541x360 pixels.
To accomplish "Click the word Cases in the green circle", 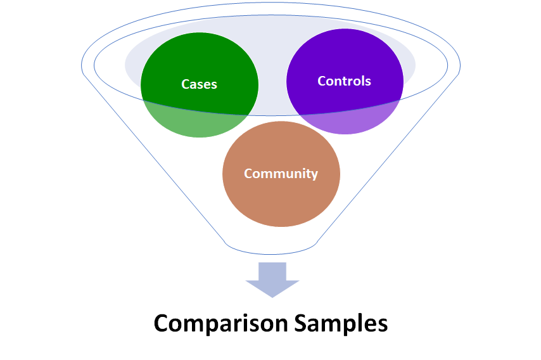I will [199, 84].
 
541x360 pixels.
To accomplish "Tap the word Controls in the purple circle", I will [344, 81].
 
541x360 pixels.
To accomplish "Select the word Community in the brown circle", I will [281, 173].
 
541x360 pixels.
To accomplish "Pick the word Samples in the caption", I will [341, 324].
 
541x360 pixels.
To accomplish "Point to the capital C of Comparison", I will [162, 323].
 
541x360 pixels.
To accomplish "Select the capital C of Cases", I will [186, 84].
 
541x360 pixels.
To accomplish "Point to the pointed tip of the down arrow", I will [272, 296].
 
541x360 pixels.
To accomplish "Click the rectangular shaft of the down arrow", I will [272, 271].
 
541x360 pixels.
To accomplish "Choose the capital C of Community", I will [248, 173].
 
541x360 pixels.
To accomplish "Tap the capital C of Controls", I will [322, 81].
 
